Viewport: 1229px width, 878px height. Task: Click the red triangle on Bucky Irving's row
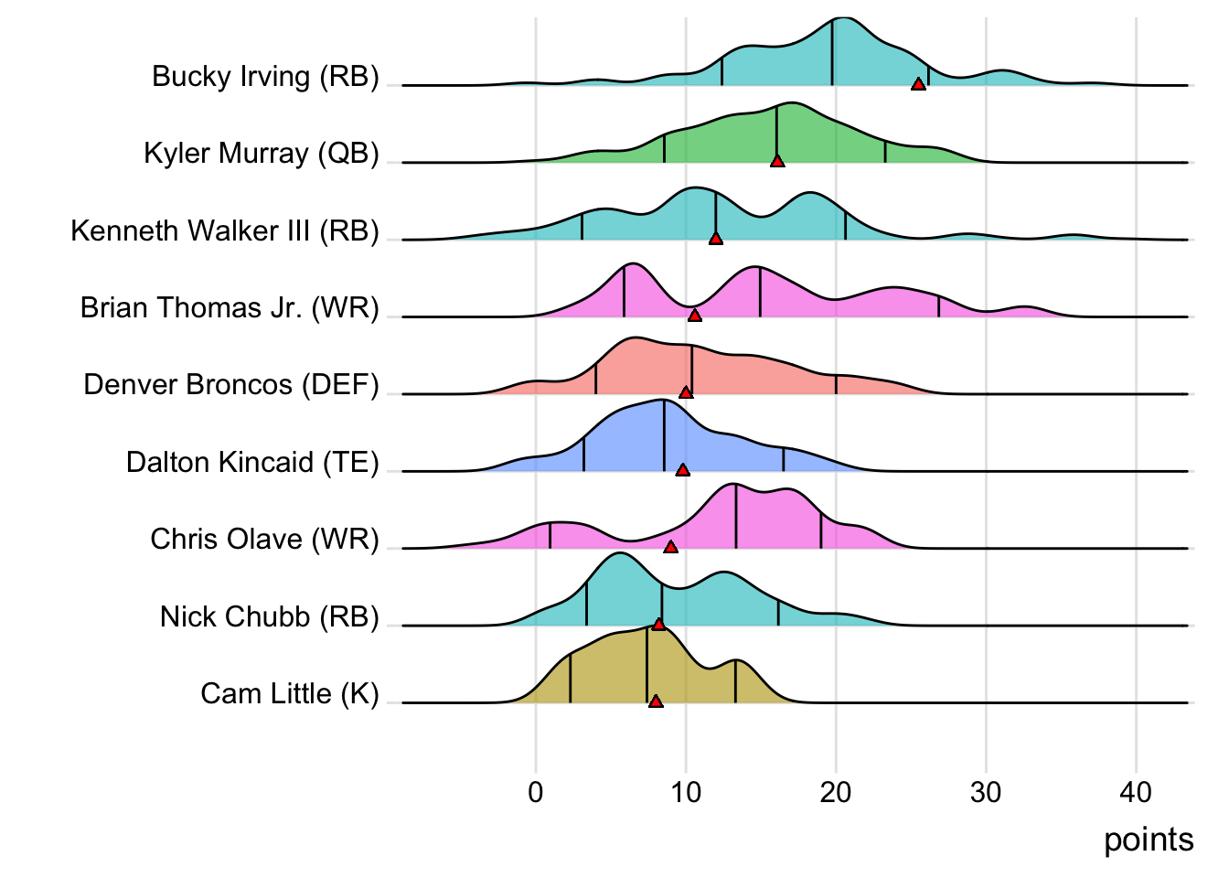coord(918,84)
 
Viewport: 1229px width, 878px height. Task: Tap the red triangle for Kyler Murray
coord(777,161)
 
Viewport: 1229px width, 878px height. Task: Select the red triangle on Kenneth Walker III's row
coord(716,239)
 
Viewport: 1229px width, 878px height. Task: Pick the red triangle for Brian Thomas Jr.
coord(695,316)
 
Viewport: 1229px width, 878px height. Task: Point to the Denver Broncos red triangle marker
coord(686,392)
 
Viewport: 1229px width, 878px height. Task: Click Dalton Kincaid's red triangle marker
coord(682,470)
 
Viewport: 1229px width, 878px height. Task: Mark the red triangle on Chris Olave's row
coord(671,547)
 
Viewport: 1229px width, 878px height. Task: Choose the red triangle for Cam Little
coord(656,701)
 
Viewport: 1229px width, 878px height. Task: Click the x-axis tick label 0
coord(536,792)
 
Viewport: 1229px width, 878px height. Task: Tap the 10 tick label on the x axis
coord(686,792)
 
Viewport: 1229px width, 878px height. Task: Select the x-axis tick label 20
coord(836,792)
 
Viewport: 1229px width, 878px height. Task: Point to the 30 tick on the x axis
coord(986,792)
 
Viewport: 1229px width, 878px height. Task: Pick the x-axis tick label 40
coord(1136,792)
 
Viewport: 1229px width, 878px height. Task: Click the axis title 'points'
coord(1149,840)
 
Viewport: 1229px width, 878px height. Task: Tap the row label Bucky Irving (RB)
coord(265,76)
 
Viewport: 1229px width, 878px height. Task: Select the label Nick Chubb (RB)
coord(269,616)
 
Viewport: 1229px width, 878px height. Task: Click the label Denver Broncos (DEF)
coord(230,384)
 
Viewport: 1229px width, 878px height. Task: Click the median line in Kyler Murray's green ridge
coord(776,134)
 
